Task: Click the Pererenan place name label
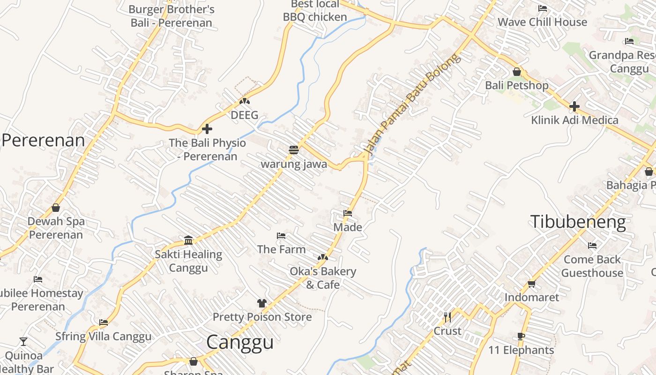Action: click(x=43, y=140)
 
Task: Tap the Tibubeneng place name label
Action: click(x=578, y=222)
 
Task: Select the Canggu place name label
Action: click(x=240, y=342)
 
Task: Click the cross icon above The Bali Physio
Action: click(x=207, y=129)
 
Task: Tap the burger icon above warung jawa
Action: click(x=294, y=150)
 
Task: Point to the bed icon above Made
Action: click(x=348, y=213)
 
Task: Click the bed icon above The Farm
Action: click(x=281, y=235)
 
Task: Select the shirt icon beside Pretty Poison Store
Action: click(x=261, y=303)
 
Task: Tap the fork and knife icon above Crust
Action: click(x=447, y=317)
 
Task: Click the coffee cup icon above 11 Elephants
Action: click(x=521, y=336)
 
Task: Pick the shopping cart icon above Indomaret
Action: click(x=531, y=284)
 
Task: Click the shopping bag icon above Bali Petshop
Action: click(x=517, y=72)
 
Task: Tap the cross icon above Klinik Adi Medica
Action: click(x=574, y=106)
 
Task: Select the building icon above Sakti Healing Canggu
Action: click(x=188, y=240)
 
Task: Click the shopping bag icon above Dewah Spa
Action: click(x=56, y=207)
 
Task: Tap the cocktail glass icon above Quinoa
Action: click(x=23, y=341)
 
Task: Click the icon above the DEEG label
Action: click(x=244, y=101)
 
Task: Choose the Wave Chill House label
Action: click(x=542, y=22)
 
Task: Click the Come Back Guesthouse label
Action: click(x=592, y=266)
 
